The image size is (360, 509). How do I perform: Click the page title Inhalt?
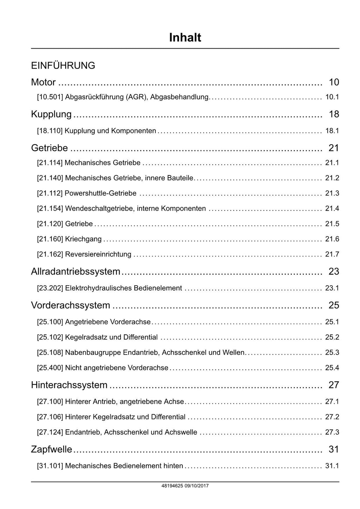click(x=185, y=38)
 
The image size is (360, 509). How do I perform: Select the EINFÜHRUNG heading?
click(x=63, y=66)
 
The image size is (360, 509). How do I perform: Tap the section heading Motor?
click(x=43, y=82)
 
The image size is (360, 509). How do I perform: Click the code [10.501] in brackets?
click(x=50, y=97)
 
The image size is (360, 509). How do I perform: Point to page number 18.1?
click(x=332, y=131)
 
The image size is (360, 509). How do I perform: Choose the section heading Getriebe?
click(x=49, y=148)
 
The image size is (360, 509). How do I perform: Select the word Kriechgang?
click(x=83, y=239)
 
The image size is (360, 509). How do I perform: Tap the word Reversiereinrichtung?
click(x=98, y=254)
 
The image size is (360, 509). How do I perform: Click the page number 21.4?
click(x=332, y=209)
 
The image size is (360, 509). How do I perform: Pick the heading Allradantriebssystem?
click(x=76, y=272)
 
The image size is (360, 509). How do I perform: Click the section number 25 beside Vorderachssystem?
click(x=334, y=305)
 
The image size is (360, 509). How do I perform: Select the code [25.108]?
click(x=50, y=352)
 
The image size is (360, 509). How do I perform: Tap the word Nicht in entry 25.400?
click(x=73, y=368)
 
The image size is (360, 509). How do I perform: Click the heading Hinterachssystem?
click(x=69, y=385)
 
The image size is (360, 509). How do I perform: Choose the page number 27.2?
click(x=332, y=417)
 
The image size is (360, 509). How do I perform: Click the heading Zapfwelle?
click(x=51, y=450)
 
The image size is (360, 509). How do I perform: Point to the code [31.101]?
click(x=50, y=466)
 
